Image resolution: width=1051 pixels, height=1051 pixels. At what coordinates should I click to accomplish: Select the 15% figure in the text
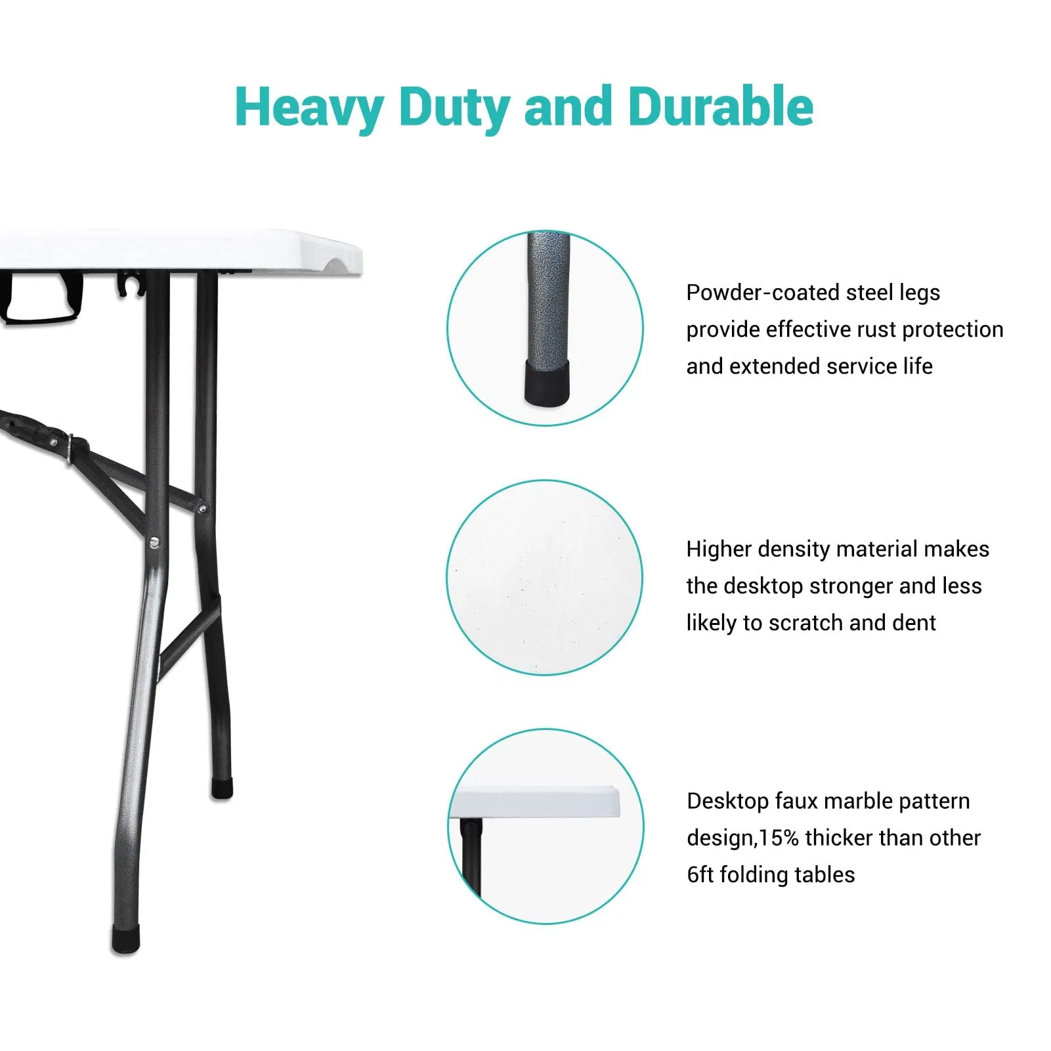(x=779, y=838)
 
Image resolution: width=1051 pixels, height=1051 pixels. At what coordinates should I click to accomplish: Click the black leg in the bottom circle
(x=471, y=857)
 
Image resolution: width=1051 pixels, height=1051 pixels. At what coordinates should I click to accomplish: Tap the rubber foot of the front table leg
(x=125, y=939)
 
